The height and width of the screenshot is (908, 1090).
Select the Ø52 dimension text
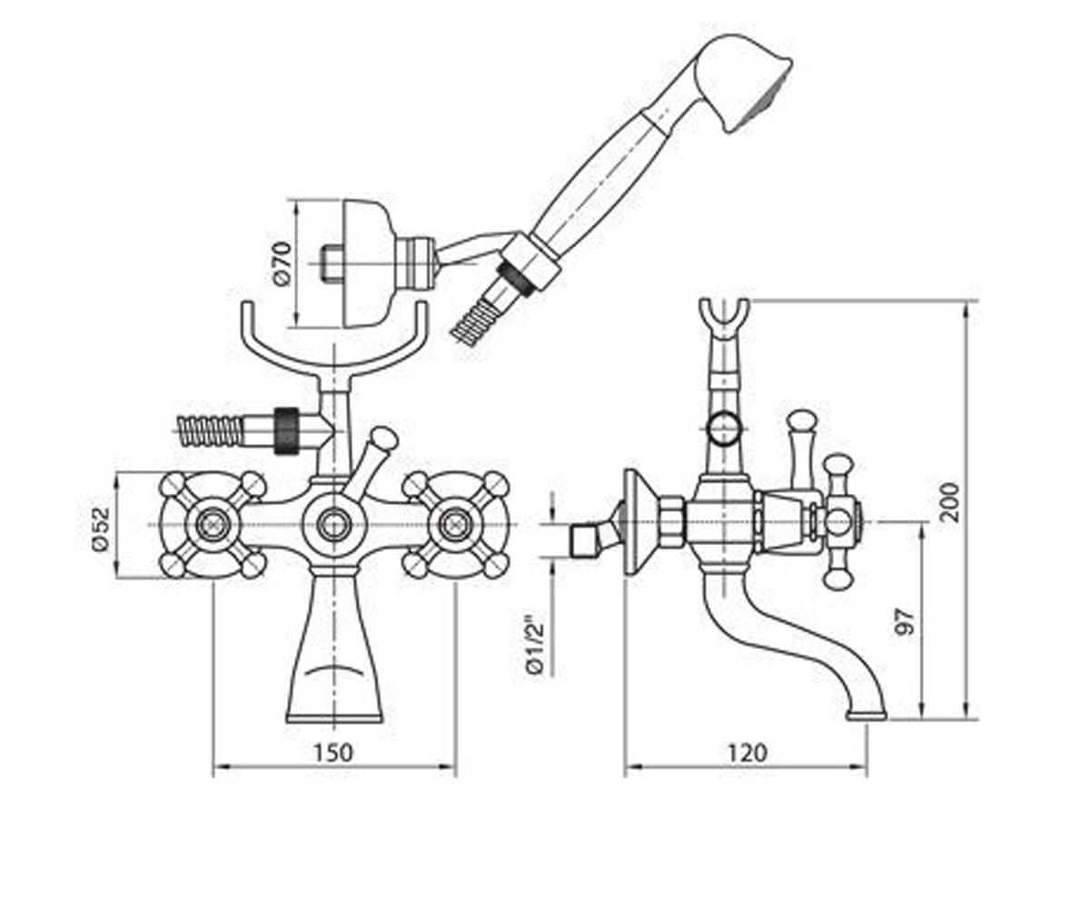(100, 528)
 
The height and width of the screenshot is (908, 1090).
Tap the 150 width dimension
(333, 753)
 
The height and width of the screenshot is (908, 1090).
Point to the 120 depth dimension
(748, 753)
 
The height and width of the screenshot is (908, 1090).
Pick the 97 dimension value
(905, 621)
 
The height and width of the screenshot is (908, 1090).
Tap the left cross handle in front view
(213, 525)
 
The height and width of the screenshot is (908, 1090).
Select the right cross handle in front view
(456, 525)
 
